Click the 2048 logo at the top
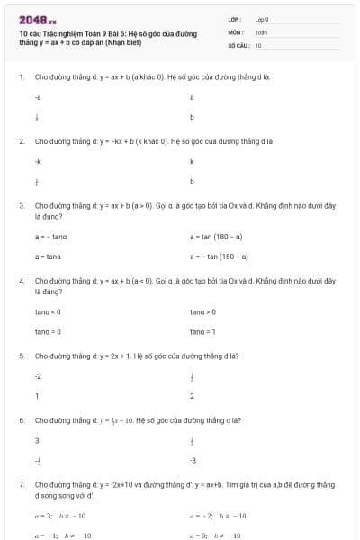pyautogui.click(x=37, y=19)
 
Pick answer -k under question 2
pyautogui.click(x=37, y=161)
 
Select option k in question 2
pyautogui.click(x=192, y=161)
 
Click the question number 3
pyautogui.click(x=21, y=205)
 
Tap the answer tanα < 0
pyautogui.click(x=48, y=312)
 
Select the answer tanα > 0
pyautogui.click(x=202, y=312)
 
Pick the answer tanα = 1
pyautogui.click(x=202, y=331)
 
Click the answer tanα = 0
pyautogui.click(x=48, y=331)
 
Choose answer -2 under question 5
pyautogui.click(x=38, y=376)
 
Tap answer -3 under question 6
pyautogui.click(x=193, y=460)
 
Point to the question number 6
pyautogui.click(x=21, y=420)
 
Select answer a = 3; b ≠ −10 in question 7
pyautogui.click(x=59, y=517)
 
